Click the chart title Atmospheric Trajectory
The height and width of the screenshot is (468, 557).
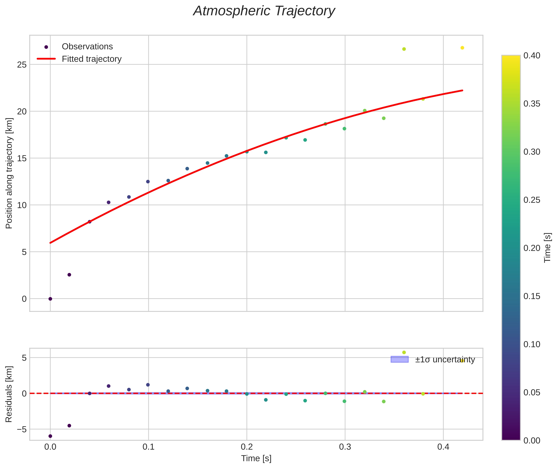click(264, 11)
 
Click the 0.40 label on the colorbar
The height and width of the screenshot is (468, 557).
click(532, 56)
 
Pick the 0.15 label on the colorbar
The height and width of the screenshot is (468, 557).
click(532, 296)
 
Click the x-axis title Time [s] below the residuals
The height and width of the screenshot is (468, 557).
click(256, 458)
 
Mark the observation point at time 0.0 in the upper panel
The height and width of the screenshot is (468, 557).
click(50, 299)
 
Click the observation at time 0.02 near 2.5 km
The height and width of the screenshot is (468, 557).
click(69, 275)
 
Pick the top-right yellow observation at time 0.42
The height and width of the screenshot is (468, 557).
click(462, 48)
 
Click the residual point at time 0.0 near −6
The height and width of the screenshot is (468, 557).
click(50, 436)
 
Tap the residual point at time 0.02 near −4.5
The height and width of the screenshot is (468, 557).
click(69, 425)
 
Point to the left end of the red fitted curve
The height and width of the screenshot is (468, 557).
click(50, 243)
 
